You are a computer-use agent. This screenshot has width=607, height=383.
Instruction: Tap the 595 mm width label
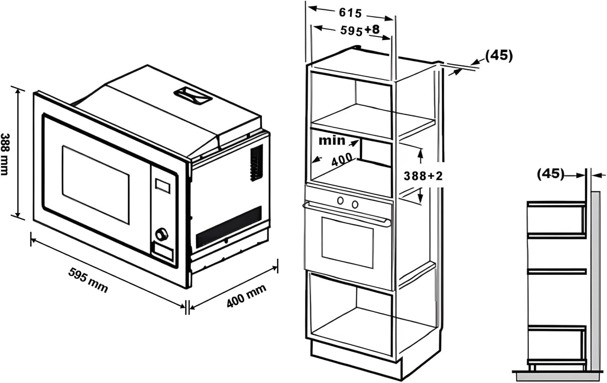pos(88,280)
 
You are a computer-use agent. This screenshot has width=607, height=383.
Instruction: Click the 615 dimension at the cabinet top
pos(350,13)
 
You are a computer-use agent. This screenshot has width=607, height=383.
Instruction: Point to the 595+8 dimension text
pos(360,30)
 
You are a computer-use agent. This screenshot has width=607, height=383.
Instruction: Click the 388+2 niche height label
pos(423,176)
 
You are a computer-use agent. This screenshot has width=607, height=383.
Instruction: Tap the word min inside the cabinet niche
pos(332,140)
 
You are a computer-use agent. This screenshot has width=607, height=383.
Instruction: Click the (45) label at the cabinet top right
pos(499,55)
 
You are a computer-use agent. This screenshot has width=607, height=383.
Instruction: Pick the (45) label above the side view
pos(550,174)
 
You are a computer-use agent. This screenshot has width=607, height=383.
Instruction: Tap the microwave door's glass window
pos(96,184)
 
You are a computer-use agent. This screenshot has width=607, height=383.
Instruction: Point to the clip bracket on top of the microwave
pos(193,96)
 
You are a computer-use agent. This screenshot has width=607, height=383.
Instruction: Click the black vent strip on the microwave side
pos(229,227)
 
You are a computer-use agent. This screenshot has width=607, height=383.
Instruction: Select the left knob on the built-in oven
pos(341,200)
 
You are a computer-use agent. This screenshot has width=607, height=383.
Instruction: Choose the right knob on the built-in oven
pos(355,204)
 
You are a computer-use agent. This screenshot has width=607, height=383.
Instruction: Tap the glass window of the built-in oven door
pos(347,242)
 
